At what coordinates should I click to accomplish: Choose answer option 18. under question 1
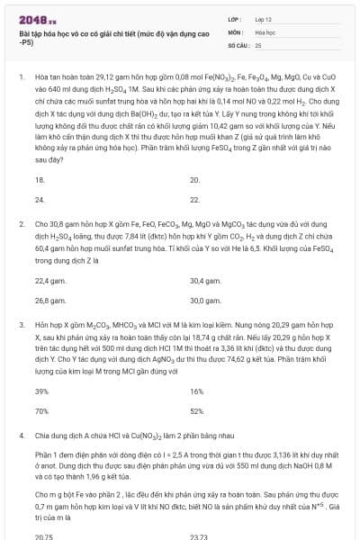[x=40, y=180]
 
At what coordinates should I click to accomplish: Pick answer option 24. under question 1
[x=40, y=200]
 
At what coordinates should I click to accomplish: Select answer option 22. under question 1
[x=195, y=200]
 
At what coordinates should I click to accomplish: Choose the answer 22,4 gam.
[x=50, y=282]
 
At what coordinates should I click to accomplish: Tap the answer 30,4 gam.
[x=206, y=282]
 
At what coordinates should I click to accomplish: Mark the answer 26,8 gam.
[x=50, y=301]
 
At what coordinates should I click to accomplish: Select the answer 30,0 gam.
[x=206, y=301]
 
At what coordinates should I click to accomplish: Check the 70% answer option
[x=41, y=410]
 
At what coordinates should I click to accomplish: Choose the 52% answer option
[x=197, y=410]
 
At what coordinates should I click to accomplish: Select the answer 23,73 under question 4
[x=200, y=536]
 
